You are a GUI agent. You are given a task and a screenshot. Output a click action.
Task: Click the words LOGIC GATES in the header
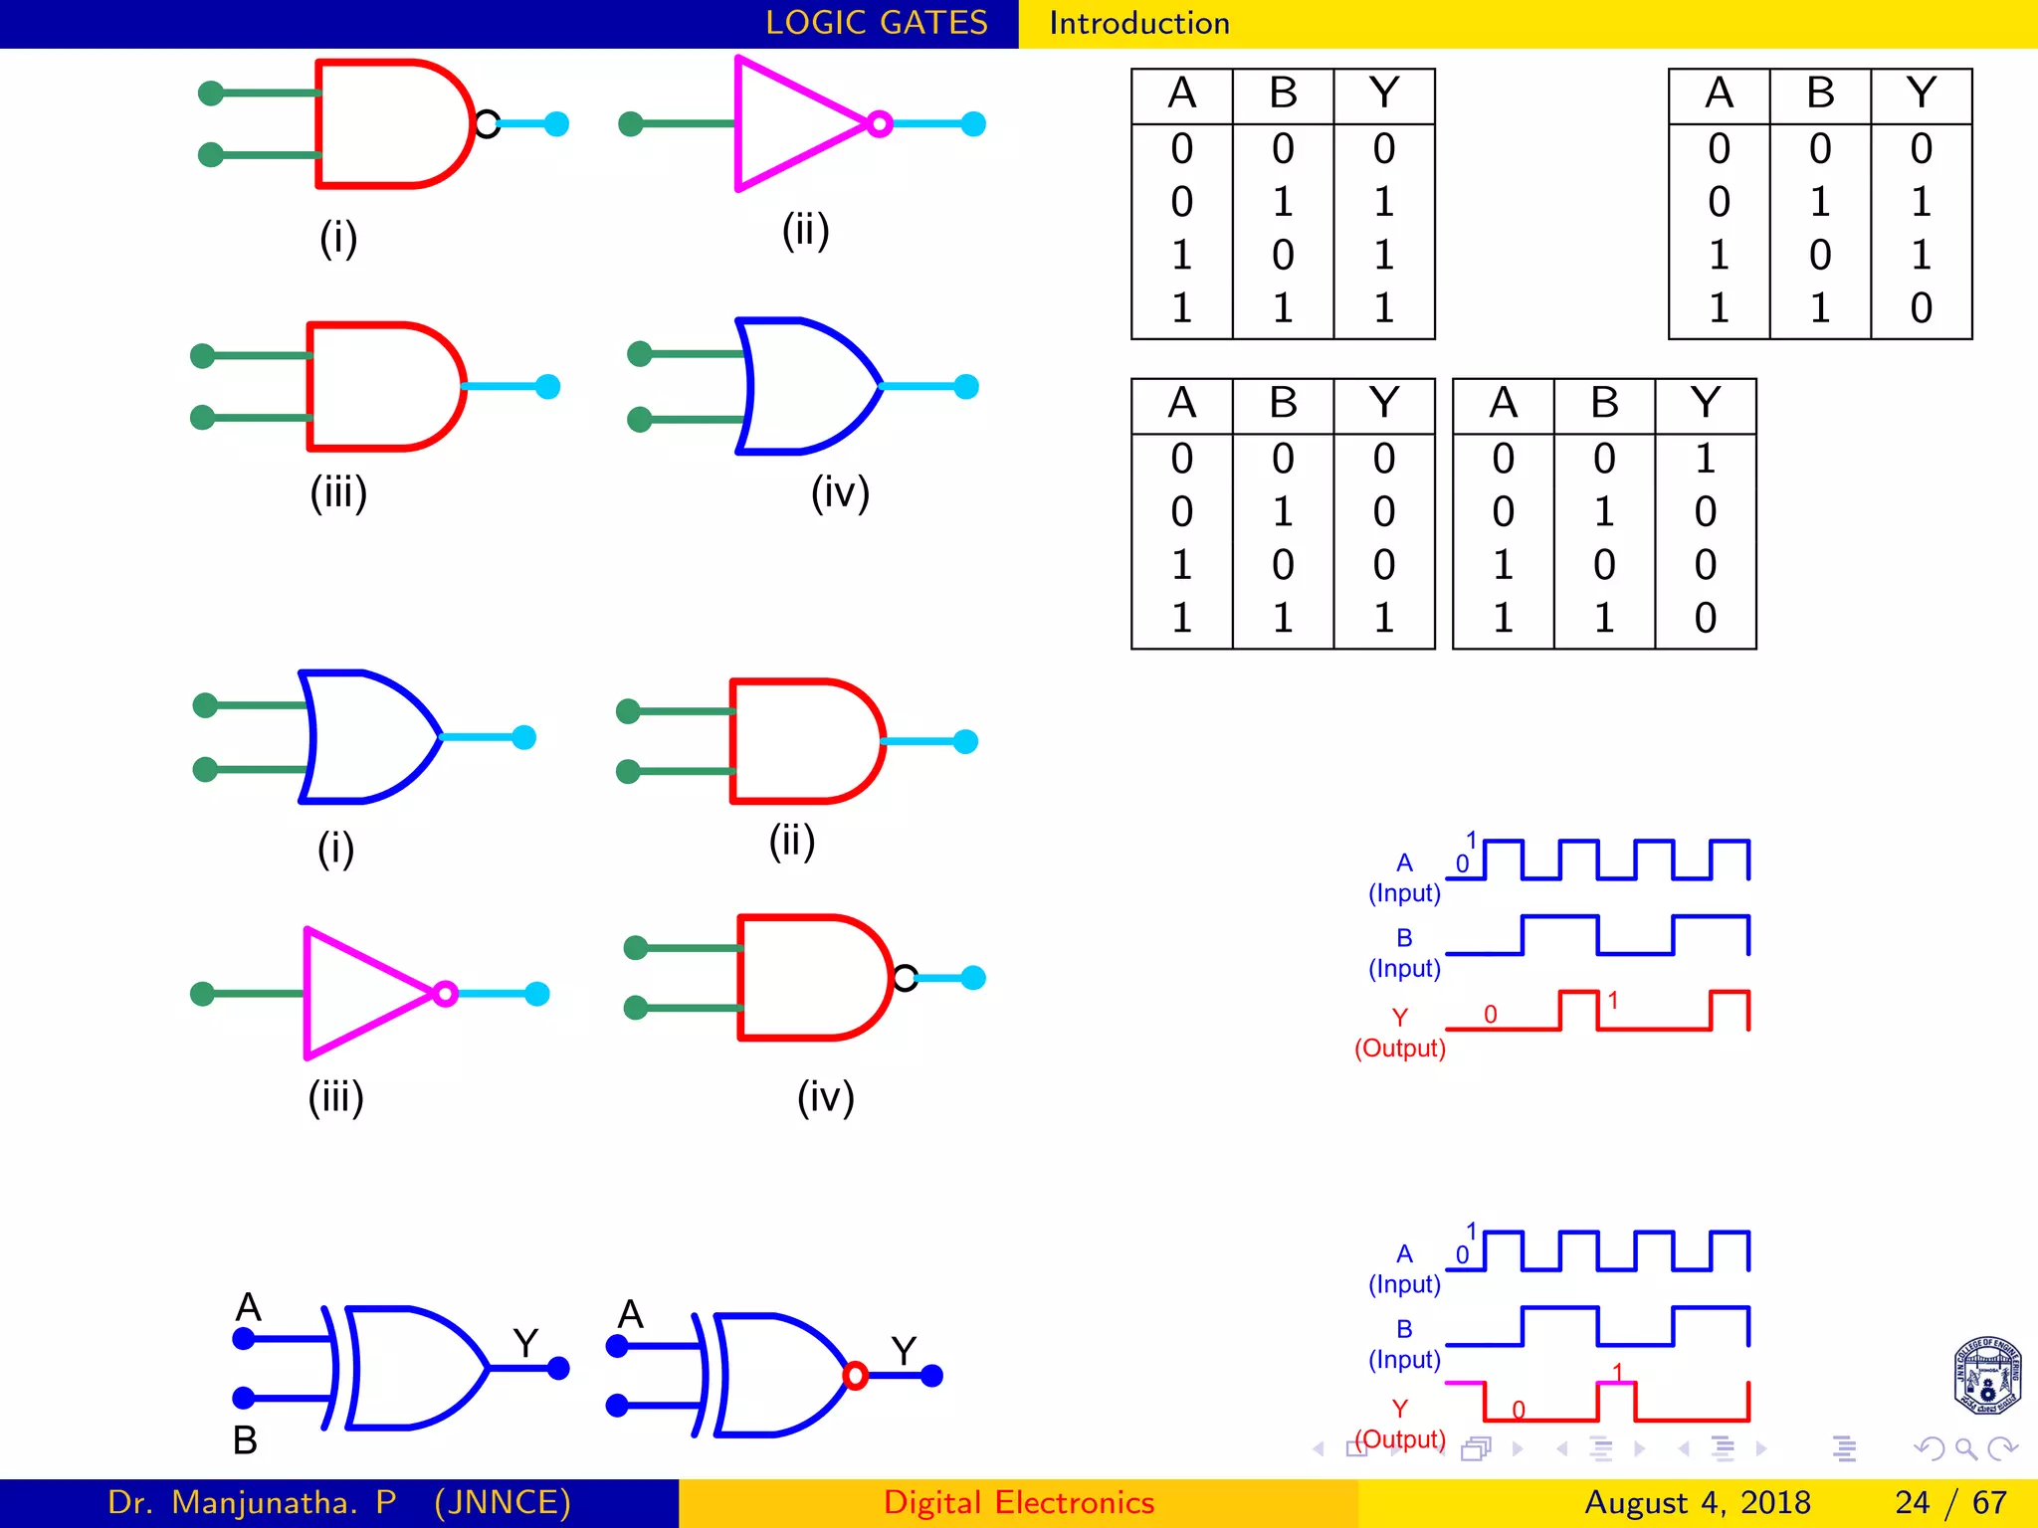pyautogui.click(x=876, y=23)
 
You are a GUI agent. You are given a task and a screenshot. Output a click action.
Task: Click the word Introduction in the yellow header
pyautogui.click(x=1139, y=23)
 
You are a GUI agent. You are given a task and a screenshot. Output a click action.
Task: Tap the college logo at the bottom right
pyautogui.click(x=1986, y=1376)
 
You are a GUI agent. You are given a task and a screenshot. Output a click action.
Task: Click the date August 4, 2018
pyautogui.click(x=1697, y=1502)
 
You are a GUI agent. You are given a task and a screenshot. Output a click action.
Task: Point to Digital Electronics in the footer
pyautogui.click(x=1018, y=1502)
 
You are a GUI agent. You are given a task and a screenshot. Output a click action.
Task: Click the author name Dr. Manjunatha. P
pyautogui.click(x=252, y=1502)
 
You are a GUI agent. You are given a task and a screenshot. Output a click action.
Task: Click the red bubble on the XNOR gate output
pyautogui.click(x=855, y=1376)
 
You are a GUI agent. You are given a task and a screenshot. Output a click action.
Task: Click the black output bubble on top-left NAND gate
pyautogui.click(x=487, y=124)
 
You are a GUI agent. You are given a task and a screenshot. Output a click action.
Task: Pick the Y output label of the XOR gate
pyautogui.click(x=525, y=1344)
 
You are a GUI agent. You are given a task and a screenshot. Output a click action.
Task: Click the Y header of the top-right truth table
pyautogui.click(x=1921, y=95)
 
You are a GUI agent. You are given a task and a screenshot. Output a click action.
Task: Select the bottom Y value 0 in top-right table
pyautogui.click(x=1921, y=308)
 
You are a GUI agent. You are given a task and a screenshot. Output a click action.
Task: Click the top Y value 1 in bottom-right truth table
pyautogui.click(x=1705, y=459)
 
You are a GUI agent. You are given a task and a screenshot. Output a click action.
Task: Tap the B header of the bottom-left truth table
pyautogui.click(x=1283, y=404)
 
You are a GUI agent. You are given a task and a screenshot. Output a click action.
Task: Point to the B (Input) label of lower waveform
pyautogui.click(x=1404, y=1344)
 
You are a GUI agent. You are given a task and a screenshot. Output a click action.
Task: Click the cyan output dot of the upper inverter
pyautogui.click(x=973, y=124)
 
